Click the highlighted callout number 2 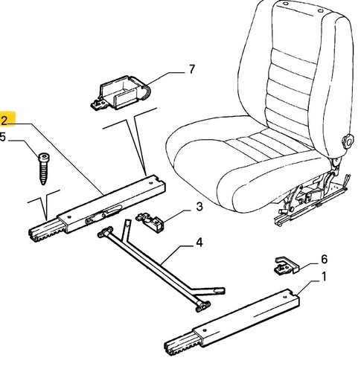point(4,121)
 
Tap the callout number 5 point(2,137)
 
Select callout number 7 point(192,69)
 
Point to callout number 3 point(199,207)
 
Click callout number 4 point(199,243)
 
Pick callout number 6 point(324,260)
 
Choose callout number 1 point(324,277)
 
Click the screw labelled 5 point(44,169)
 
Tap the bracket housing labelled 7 point(121,93)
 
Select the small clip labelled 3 point(150,222)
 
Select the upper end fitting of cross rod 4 point(105,232)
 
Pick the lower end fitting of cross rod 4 point(203,306)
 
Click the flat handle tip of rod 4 point(219,290)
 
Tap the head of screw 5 point(45,157)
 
